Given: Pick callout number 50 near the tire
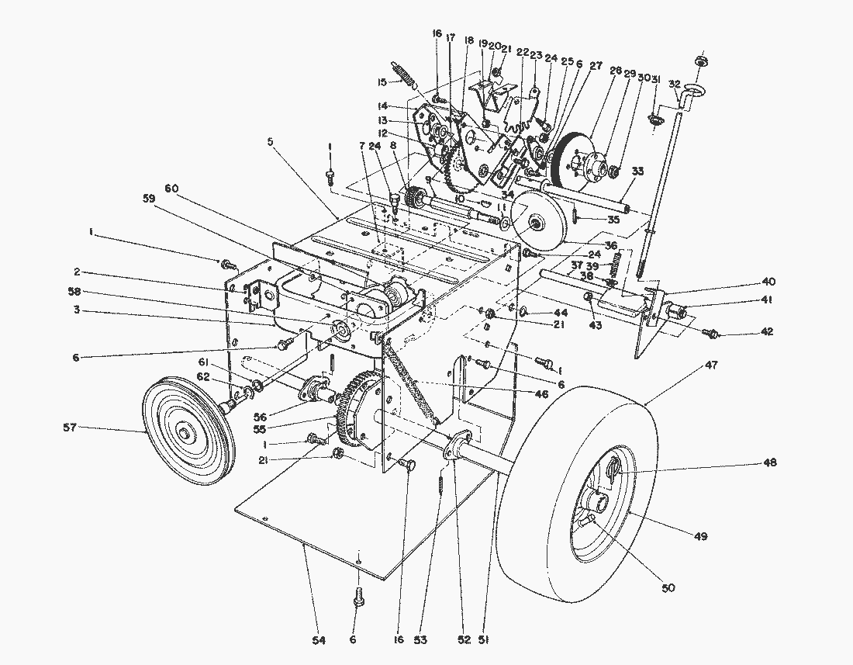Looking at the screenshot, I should (x=669, y=587).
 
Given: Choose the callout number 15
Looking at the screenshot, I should (x=382, y=82).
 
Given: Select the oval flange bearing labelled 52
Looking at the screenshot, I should (x=454, y=450).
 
